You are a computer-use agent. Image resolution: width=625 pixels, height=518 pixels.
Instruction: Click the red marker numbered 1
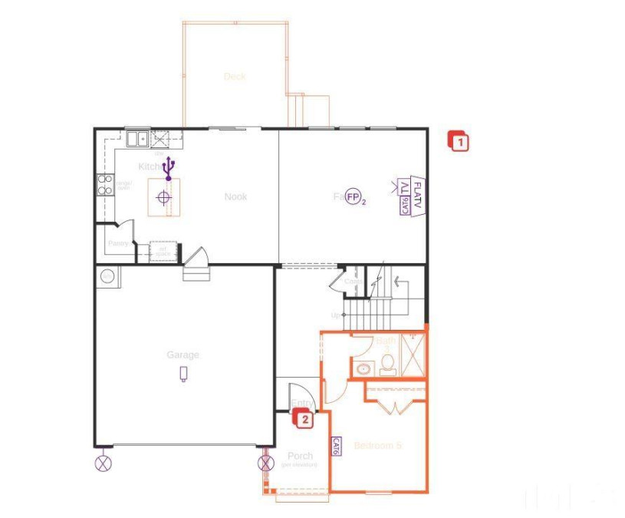[459, 141]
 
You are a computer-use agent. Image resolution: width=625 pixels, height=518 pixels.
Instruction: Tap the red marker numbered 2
[304, 419]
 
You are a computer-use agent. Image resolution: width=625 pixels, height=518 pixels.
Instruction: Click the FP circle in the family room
[354, 197]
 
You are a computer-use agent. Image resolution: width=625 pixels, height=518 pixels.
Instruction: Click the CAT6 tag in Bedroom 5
[337, 447]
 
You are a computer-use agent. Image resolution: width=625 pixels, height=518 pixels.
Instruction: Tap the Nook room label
[235, 197]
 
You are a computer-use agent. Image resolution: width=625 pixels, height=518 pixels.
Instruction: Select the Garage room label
[183, 355]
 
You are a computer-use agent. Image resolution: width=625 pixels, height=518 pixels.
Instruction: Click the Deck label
[235, 77]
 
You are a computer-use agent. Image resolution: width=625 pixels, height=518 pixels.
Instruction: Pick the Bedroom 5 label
[377, 445]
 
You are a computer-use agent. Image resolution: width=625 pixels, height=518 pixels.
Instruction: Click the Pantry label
[117, 243]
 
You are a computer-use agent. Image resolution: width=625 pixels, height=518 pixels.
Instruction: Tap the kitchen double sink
[138, 139]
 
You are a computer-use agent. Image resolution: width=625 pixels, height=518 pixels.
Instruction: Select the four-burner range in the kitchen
[104, 184]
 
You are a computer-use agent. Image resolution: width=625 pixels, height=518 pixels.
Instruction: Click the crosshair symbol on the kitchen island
[163, 197]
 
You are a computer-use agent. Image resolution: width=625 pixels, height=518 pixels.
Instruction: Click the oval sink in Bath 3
[363, 369]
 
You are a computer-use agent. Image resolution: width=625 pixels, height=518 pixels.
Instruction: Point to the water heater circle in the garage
[107, 276]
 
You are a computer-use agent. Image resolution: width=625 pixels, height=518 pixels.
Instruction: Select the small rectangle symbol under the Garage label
[183, 374]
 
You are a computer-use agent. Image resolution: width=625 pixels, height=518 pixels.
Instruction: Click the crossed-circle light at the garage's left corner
[104, 463]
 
